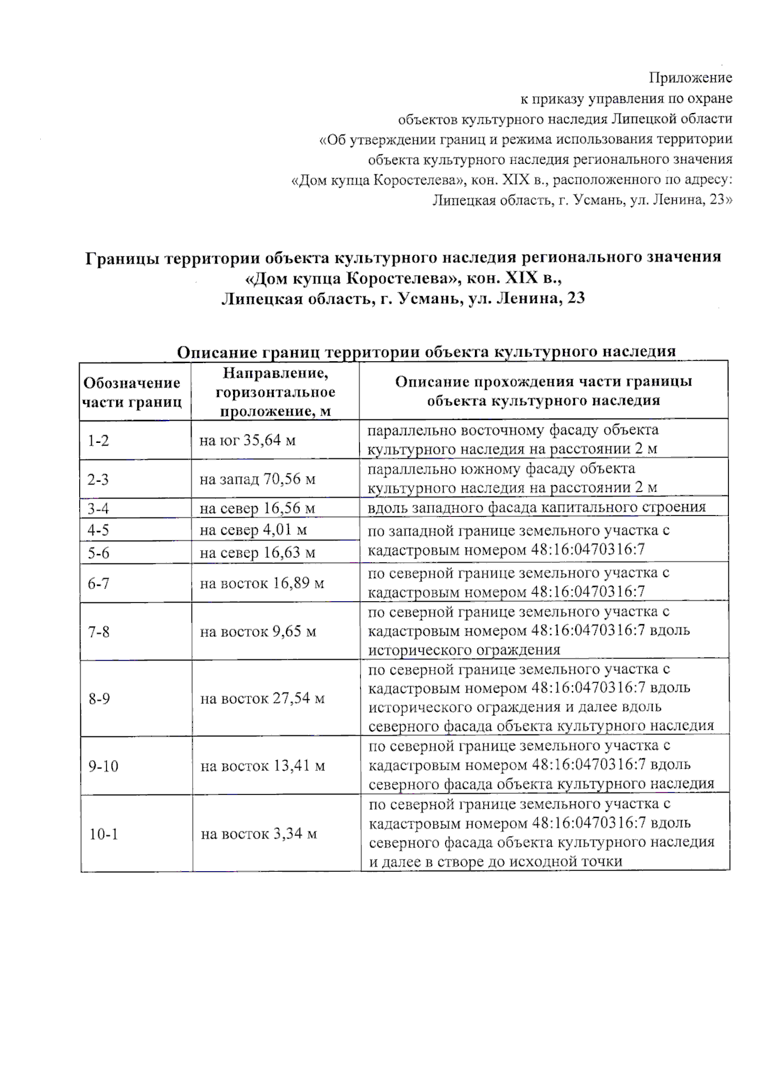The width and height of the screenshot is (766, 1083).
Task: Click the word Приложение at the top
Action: coord(690,78)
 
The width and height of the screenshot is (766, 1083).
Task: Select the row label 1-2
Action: coord(98,441)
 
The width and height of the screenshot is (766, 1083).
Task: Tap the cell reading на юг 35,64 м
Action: coord(247,440)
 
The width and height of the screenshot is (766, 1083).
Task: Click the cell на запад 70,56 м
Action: coord(257,479)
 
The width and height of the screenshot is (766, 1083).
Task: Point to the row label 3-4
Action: coord(98,509)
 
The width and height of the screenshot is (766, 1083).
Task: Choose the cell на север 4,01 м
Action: coord(253,530)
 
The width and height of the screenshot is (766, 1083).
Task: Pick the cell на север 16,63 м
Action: coord(257,553)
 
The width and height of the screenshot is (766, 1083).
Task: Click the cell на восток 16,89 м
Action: coord(262,583)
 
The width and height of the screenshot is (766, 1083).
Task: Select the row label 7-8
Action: coord(99,632)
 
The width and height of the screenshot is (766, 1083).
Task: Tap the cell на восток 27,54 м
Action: coord(262,699)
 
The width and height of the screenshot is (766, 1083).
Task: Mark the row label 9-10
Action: coord(103,766)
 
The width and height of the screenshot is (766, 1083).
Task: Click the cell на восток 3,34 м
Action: coord(259,834)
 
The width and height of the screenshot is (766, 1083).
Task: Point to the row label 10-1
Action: coord(103,834)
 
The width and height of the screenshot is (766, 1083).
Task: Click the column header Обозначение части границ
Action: coord(133,392)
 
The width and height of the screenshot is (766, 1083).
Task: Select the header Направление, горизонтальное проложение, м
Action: coord(275,392)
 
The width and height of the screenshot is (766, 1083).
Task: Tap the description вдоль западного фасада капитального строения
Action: coord(536,507)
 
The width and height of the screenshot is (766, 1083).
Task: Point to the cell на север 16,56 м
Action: coord(257,509)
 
